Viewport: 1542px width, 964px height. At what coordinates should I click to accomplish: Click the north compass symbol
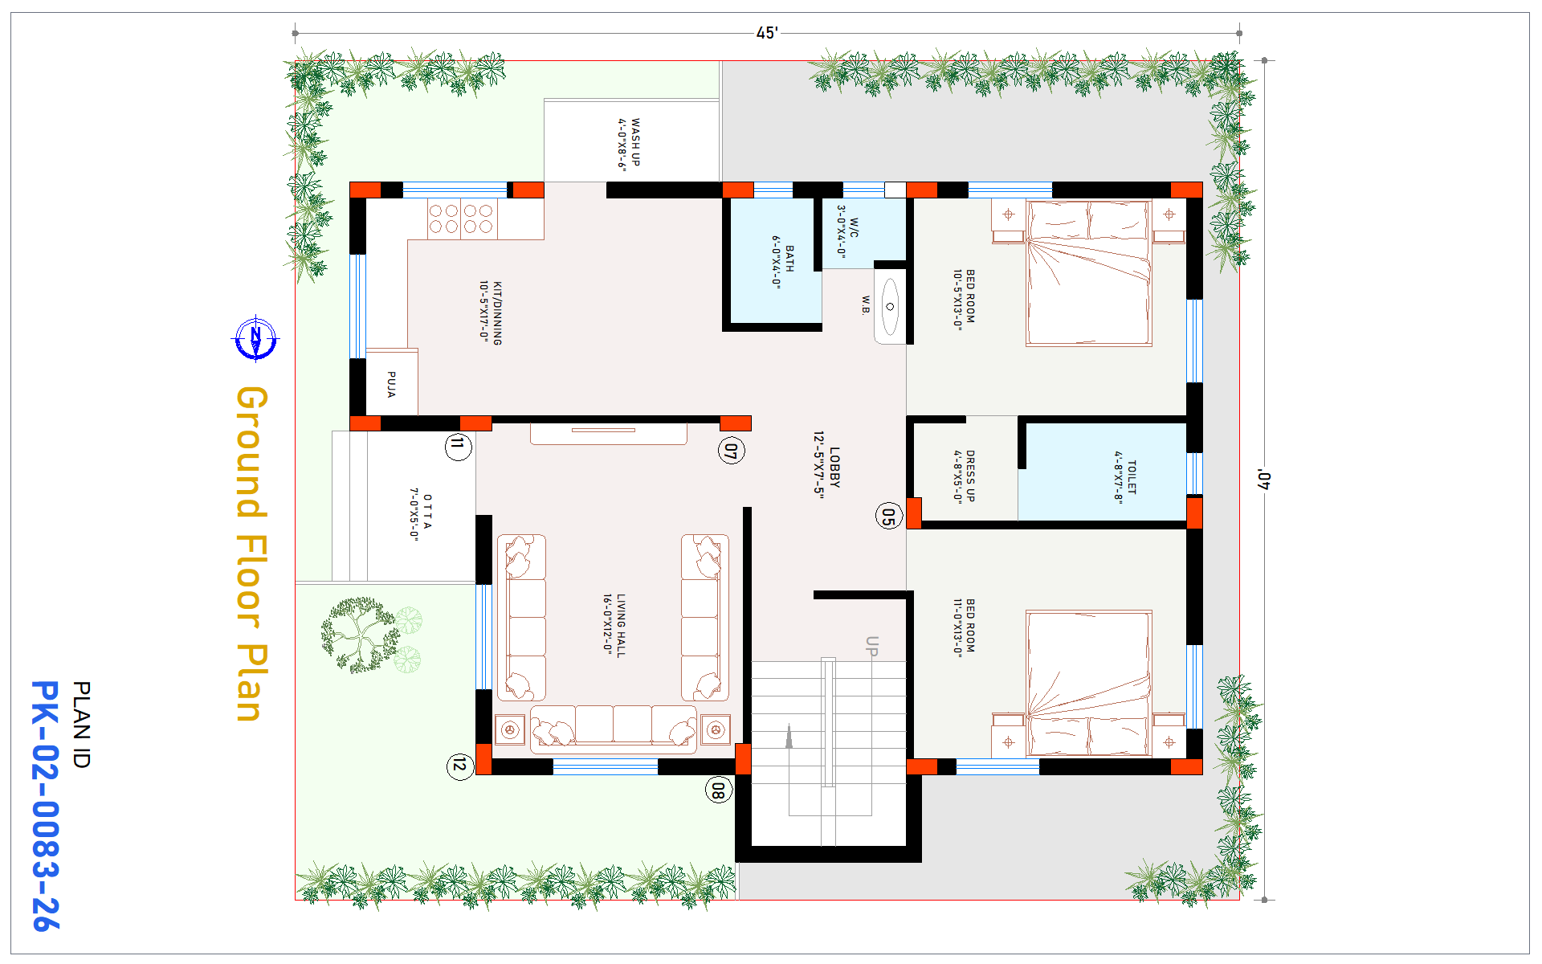pyautogui.click(x=256, y=338)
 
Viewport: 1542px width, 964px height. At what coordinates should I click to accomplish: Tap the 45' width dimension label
pyautogui.click(x=767, y=33)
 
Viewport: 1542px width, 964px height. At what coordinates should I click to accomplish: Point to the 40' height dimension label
pyautogui.click(x=1264, y=480)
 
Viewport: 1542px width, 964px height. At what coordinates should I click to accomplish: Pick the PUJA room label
pyautogui.click(x=391, y=384)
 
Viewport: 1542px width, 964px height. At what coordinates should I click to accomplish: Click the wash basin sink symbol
pyautogui.click(x=890, y=307)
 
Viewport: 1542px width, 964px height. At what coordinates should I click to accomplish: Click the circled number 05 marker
pyautogui.click(x=888, y=516)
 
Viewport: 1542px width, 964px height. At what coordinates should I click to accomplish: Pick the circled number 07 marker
pyautogui.click(x=731, y=451)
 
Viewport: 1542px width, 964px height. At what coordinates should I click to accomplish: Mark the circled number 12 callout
pyautogui.click(x=459, y=765)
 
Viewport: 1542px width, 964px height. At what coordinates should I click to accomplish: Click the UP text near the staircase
pyautogui.click(x=871, y=647)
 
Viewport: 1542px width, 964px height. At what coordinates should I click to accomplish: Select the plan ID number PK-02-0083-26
pyautogui.click(x=45, y=806)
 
